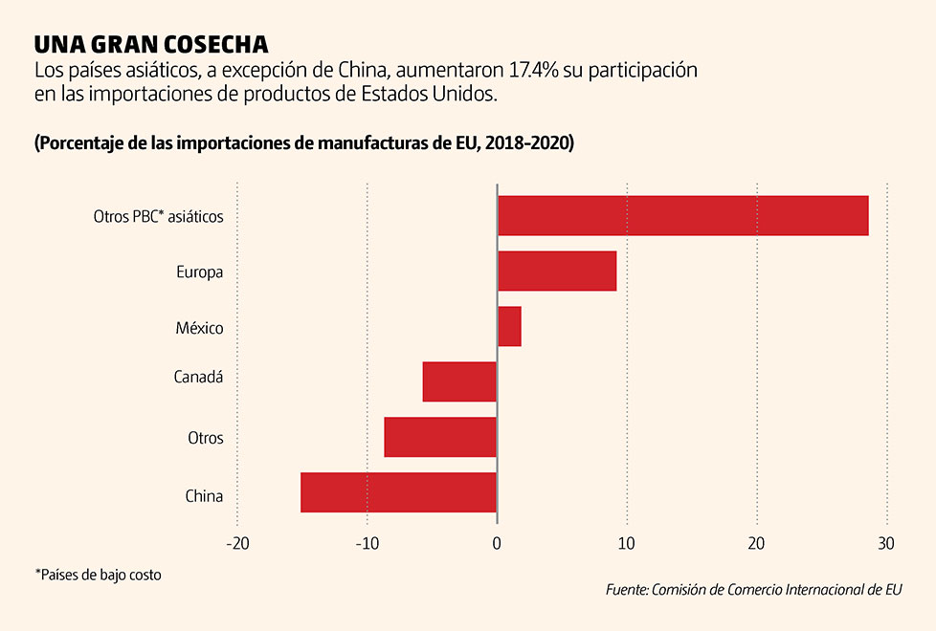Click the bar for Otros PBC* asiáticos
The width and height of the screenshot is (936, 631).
tap(682, 216)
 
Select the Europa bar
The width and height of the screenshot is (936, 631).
tap(557, 272)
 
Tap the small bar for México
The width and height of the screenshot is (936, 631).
tap(509, 327)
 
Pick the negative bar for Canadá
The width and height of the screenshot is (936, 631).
tap(459, 382)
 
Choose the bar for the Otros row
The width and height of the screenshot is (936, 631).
tap(440, 438)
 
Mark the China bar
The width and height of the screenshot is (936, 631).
tap(399, 493)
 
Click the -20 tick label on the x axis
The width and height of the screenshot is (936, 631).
tap(236, 543)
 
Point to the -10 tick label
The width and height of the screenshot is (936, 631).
tap(367, 543)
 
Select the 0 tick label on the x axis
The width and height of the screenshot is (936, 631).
tap(497, 543)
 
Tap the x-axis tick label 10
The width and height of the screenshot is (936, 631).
tap(627, 543)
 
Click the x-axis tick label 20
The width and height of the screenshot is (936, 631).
tap(757, 543)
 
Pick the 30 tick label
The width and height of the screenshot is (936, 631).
tap(886, 543)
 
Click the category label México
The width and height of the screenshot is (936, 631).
tap(199, 328)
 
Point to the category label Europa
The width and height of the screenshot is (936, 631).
tap(199, 272)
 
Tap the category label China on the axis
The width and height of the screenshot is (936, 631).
tap(204, 496)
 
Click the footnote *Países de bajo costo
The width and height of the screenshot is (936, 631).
tap(99, 576)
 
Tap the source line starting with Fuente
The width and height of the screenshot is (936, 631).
tap(754, 590)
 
